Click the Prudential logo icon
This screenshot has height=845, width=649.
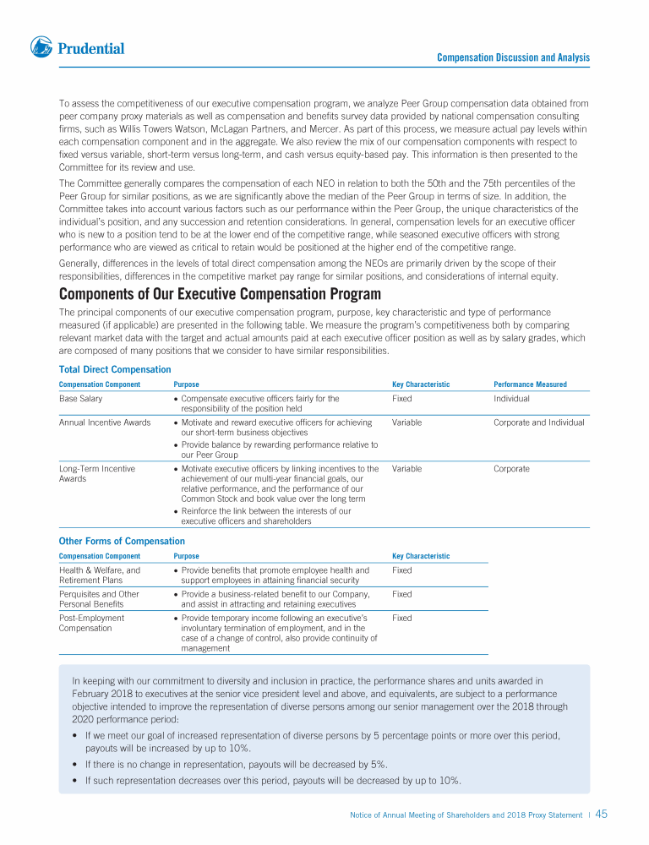(42, 48)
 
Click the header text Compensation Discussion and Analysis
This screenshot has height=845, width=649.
(513, 57)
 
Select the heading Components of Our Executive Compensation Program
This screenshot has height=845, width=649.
(220, 294)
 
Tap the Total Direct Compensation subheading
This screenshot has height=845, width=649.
(115, 369)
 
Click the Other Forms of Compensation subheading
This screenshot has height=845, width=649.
(122, 541)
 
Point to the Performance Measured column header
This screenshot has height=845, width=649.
(530, 384)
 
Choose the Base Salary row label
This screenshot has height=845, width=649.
(80, 398)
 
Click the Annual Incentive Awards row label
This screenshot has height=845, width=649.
(105, 422)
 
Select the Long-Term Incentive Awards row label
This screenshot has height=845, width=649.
(96, 473)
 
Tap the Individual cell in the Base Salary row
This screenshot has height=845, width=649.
(511, 398)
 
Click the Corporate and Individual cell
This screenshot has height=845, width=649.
(538, 422)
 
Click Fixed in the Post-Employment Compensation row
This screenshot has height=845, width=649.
(402, 618)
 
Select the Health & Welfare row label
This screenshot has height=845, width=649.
(99, 575)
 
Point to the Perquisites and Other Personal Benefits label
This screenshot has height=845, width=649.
(99, 599)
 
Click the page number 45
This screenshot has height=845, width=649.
(602, 815)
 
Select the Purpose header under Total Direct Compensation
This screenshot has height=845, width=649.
(186, 384)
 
